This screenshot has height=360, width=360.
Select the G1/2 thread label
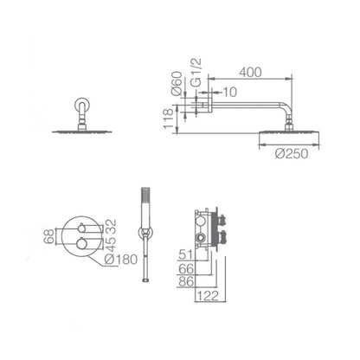(x=196, y=85)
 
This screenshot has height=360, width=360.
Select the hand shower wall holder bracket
(x=145, y=231)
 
